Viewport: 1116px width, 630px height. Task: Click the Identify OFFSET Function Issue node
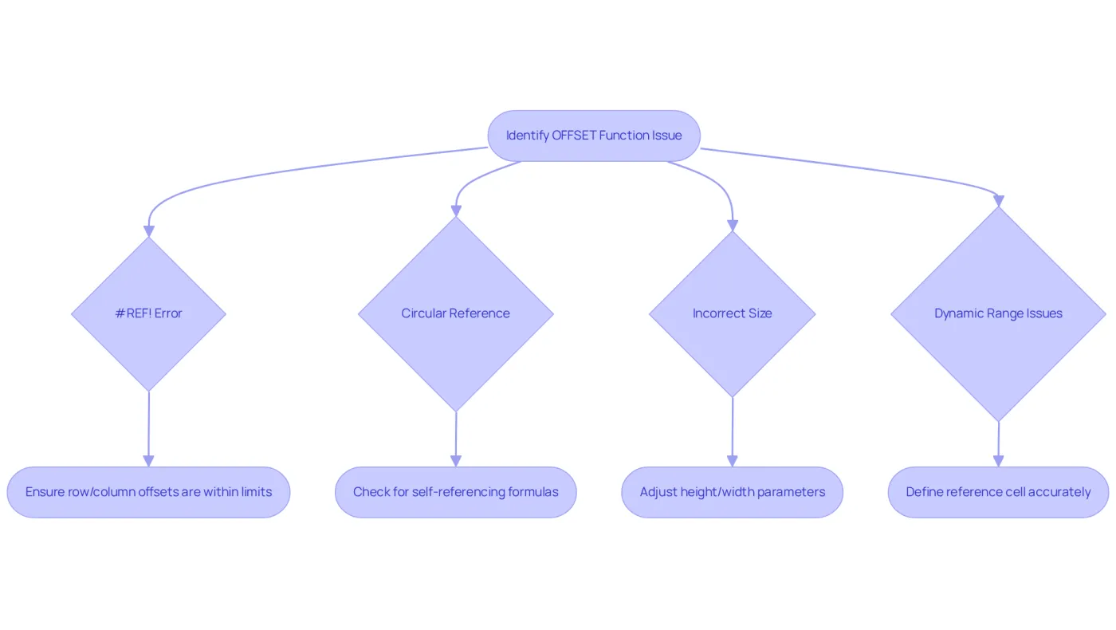pos(594,136)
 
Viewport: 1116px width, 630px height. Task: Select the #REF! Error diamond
pos(148,314)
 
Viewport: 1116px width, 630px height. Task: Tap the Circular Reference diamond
pos(456,314)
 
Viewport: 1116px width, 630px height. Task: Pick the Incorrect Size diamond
pos(733,314)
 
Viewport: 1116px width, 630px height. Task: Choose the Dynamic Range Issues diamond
pos(998,314)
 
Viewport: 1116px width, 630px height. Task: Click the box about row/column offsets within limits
pos(148,493)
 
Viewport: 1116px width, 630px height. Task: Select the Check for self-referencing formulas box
pos(456,493)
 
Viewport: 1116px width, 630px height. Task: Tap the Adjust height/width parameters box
pos(733,493)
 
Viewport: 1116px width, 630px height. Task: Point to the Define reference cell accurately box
pos(998,493)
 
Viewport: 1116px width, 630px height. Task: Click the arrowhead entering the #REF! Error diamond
pos(148,231)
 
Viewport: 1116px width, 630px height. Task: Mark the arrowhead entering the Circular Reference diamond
pos(456,211)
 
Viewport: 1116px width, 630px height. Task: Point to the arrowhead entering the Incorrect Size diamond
pos(733,225)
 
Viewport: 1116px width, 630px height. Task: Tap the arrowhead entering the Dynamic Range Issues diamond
pos(998,201)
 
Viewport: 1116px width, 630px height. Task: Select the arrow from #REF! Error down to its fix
pos(148,429)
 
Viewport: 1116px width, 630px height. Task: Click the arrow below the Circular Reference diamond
pos(456,439)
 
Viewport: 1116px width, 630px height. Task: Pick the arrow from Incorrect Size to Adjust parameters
pos(733,432)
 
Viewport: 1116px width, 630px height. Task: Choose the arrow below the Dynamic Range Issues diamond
pos(998,444)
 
